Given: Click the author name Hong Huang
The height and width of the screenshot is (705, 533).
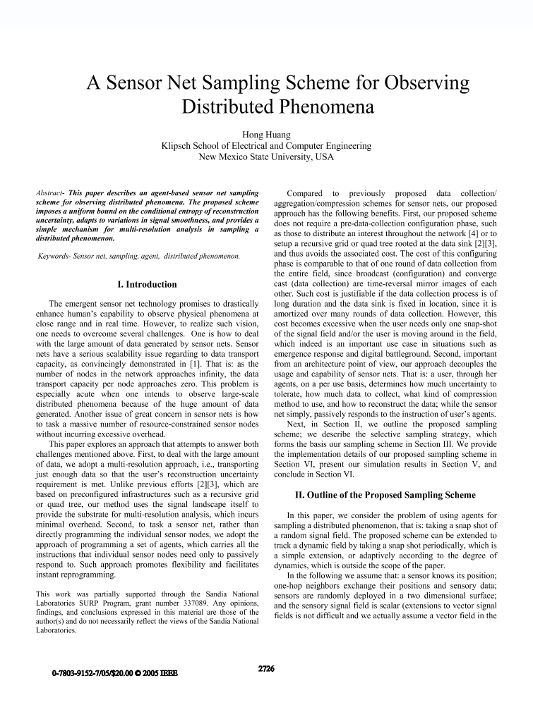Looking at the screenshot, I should pos(266,134).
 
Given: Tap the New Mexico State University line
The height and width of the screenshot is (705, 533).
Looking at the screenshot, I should pos(266,157).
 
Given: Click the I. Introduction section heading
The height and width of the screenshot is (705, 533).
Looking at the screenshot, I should pos(147,285).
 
